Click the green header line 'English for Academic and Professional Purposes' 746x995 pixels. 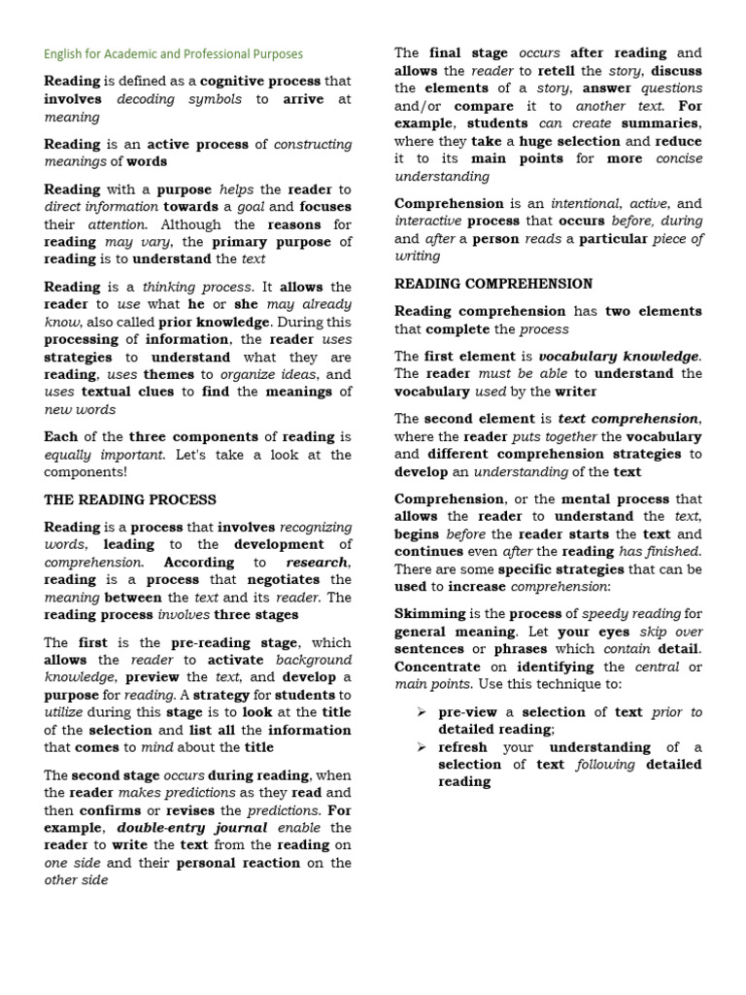(173, 54)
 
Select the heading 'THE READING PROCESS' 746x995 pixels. (130, 499)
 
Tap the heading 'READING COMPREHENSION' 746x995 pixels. (493, 284)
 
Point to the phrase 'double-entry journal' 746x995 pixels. (185, 828)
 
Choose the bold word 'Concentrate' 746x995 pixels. (437, 667)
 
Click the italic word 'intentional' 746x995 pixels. (586, 203)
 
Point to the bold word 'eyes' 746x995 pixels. (614, 632)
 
